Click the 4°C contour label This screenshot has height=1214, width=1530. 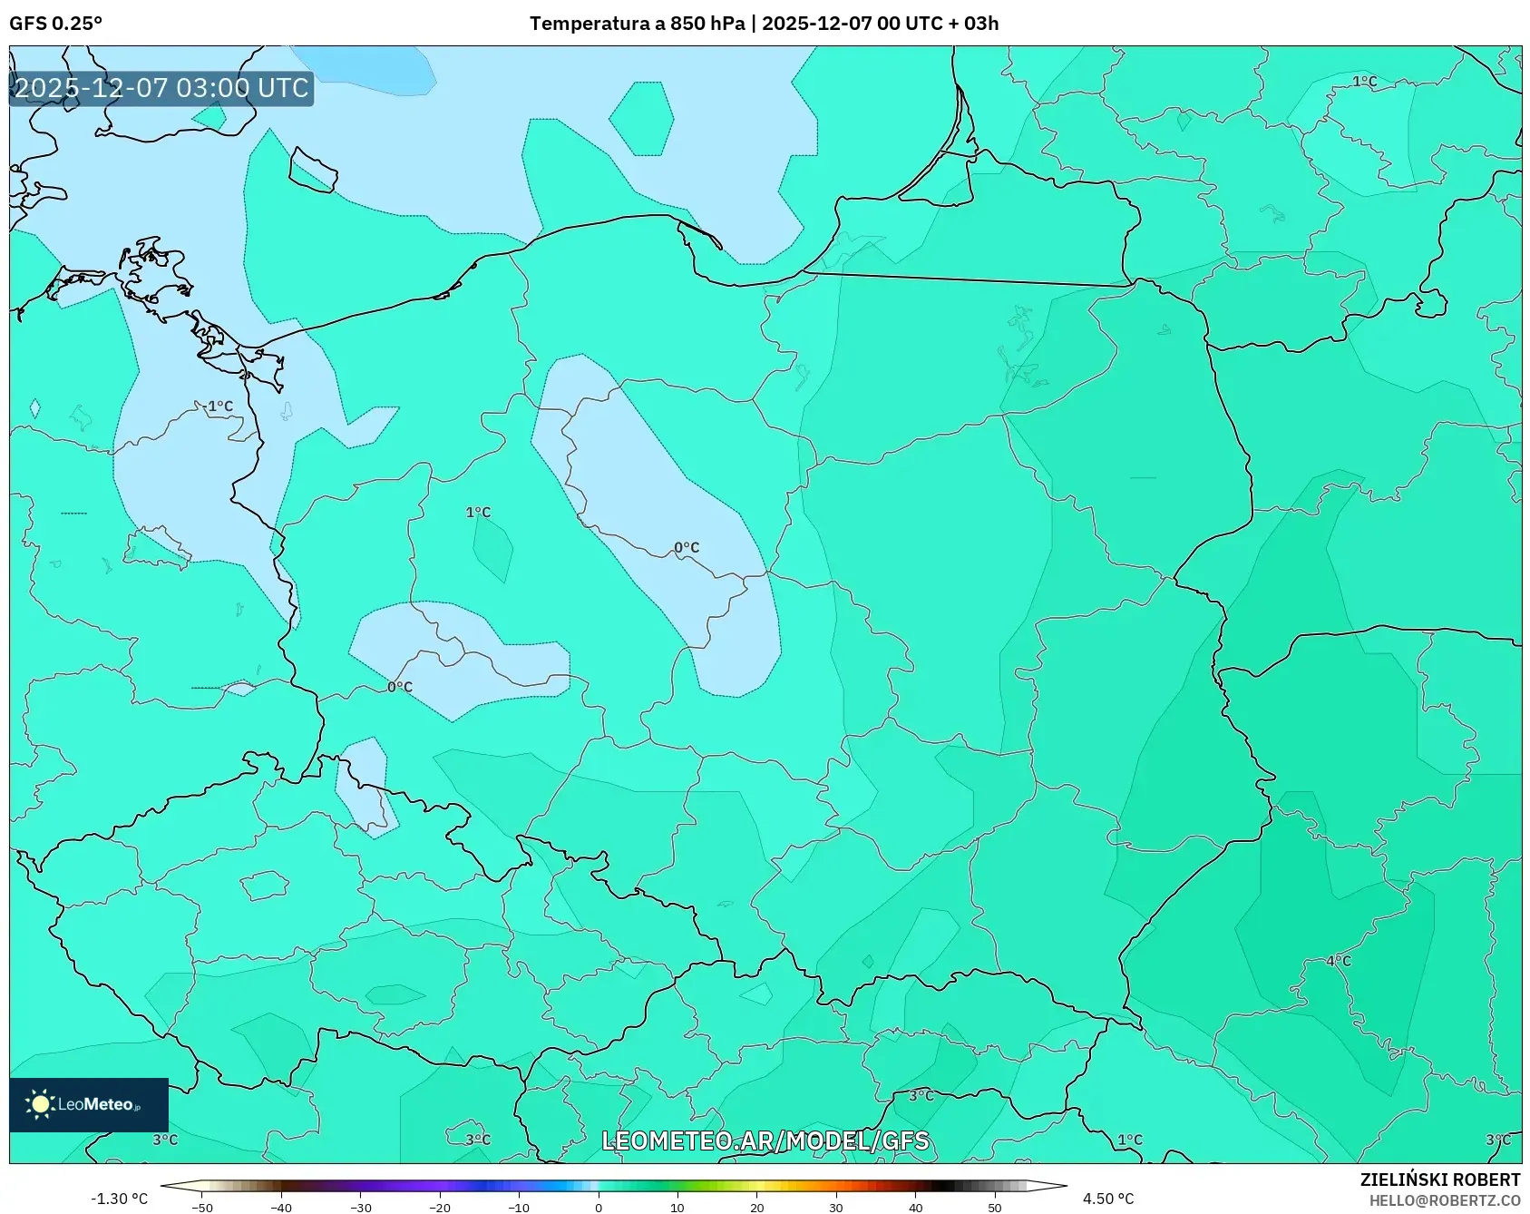[x=1338, y=961]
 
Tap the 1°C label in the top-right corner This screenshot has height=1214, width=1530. [x=1364, y=82]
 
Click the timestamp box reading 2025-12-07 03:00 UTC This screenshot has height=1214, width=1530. [x=161, y=88]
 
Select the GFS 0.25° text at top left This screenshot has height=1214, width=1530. [x=55, y=24]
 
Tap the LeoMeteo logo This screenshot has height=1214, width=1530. [x=88, y=1104]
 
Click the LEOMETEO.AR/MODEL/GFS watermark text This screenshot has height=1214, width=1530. [x=765, y=1141]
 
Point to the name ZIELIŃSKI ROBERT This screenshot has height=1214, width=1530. [x=1439, y=1180]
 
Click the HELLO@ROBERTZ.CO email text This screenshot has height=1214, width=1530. [x=1444, y=1200]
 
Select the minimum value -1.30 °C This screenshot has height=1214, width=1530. [x=119, y=1199]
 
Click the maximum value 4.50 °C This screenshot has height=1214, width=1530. [x=1107, y=1199]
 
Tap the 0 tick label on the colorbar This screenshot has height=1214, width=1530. [x=598, y=1208]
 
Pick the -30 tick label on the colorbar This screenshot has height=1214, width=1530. [x=361, y=1208]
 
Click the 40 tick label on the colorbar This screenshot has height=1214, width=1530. [x=915, y=1208]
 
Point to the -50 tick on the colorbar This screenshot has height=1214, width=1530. [x=202, y=1208]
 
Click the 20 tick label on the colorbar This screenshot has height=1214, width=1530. [x=756, y=1208]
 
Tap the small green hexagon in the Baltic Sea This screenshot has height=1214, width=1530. [x=641, y=118]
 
